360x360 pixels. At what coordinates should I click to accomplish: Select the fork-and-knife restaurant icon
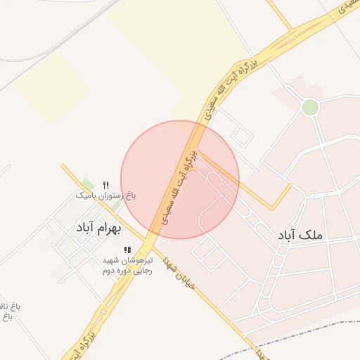[105, 184]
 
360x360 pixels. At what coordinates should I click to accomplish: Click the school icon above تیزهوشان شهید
[127, 250]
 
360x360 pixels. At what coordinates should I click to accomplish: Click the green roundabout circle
[309, 107]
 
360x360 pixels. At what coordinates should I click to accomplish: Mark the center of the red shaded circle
[180, 179]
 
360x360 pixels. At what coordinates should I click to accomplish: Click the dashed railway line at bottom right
[309, 330]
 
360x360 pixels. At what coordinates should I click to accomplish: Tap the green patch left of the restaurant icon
[87, 184]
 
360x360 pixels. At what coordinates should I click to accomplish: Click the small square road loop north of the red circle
[240, 135]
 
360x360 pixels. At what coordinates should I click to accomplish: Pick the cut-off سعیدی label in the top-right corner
[346, 8]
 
